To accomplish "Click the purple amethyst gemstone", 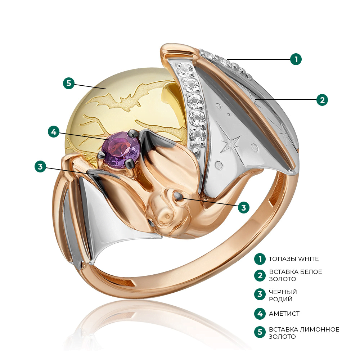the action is pos(121,150).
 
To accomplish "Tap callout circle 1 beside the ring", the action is pos(296,59).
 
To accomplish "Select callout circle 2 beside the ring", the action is pos(322,100).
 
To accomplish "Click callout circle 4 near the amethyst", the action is pos(54,132).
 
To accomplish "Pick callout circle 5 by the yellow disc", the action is pos(69,83).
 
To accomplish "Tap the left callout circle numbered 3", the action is pos(40,166).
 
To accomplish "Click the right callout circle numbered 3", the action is pos(244,207).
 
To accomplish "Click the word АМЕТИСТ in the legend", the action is pos(284,314).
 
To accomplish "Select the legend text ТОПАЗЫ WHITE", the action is pos(294,259).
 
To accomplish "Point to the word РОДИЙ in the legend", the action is pos(280,299).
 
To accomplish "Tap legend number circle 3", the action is pos(260,294).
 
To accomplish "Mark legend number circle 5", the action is pos(260,332).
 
